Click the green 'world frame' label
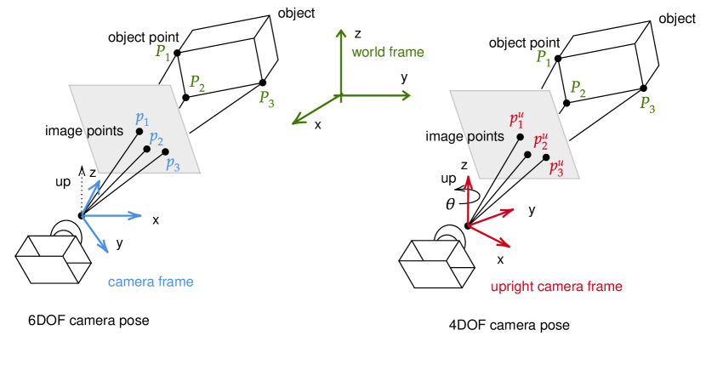387,52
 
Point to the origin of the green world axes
340,95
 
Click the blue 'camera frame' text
151,282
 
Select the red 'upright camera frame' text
555,287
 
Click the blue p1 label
142,119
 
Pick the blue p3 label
173,163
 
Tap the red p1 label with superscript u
516,121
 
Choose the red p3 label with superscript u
556,168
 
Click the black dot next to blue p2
146,149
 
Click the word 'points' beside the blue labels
105,131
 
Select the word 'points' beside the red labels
486,136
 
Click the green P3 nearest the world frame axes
266,98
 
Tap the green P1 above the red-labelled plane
543,58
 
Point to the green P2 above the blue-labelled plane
196,83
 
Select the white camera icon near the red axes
435,260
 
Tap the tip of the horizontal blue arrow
139,216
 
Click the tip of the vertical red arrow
467,179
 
